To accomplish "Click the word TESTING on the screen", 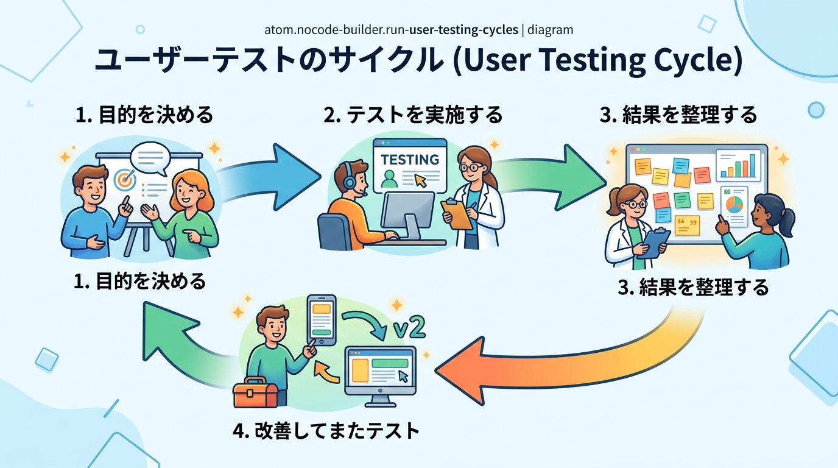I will tap(410, 160).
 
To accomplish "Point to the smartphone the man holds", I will tap(322, 319).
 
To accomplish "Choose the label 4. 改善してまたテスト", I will tap(326, 431).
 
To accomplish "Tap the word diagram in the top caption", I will tap(551, 29).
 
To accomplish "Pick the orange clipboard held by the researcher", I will tap(457, 214).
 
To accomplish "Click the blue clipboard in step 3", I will tap(653, 242).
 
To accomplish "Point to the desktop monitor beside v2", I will tap(380, 372).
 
